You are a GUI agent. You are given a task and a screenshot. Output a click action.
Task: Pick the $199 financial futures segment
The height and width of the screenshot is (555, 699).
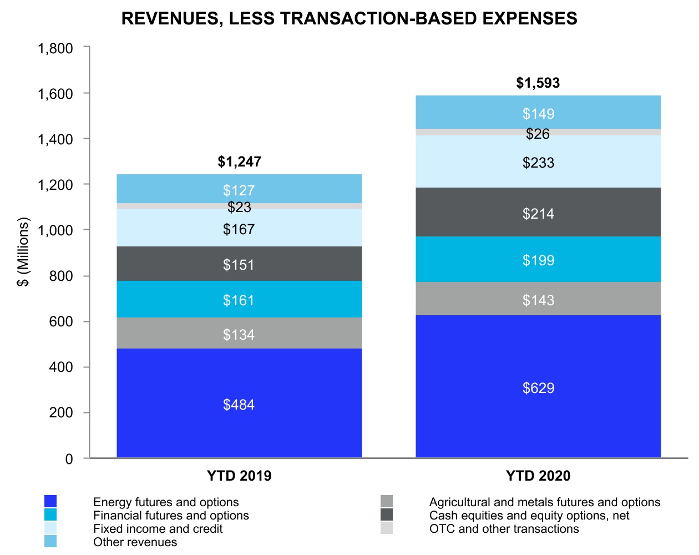[x=538, y=260]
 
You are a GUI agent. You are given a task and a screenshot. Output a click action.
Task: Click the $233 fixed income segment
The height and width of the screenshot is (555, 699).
[x=538, y=162]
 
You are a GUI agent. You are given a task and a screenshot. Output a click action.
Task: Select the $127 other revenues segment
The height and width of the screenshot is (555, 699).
[x=239, y=190]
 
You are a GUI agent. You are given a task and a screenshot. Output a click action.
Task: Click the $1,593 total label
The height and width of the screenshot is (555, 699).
[x=538, y=83]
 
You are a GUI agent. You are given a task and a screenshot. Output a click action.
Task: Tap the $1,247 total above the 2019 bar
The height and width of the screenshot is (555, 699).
[x=239, y=162]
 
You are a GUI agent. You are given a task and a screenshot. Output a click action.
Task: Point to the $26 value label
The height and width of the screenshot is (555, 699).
[x=538, y=134]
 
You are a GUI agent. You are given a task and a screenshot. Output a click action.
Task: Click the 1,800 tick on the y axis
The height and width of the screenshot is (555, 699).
[x=55, y=49]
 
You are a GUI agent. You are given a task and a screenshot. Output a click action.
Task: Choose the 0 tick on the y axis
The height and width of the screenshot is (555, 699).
[x=69, y=459]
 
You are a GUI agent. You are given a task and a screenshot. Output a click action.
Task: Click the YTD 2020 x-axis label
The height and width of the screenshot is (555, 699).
[x=538, y=476]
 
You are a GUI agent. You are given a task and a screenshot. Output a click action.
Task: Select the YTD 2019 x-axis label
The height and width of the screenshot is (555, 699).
[x=239, y=476]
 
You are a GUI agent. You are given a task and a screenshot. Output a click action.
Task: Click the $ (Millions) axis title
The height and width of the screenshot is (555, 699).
[x=23, y=252]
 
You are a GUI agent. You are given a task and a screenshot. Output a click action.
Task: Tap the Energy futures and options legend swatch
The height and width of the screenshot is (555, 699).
[x=50, y=502]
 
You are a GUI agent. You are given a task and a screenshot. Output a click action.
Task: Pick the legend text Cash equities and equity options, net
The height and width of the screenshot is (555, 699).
[x=529, y=516]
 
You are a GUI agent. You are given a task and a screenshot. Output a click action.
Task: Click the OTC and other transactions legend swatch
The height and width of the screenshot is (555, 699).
[x=387, y=528]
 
